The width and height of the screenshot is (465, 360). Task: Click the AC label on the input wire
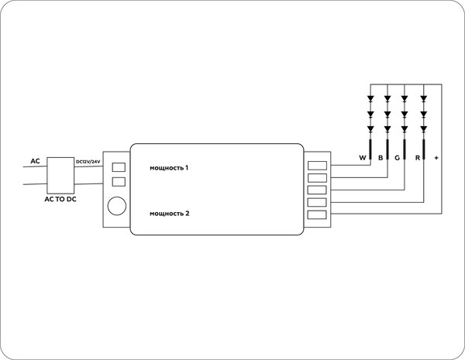tap(35, 161)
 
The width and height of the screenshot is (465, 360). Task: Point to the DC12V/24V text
tap(88, 161)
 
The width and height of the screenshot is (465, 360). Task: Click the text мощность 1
tap(170, 167)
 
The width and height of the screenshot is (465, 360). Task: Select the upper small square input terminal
tap(119, 166)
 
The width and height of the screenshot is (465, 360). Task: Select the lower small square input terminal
tap(119, 182)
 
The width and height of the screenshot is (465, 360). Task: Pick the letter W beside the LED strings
tap(362, 158)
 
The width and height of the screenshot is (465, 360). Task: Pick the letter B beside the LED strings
tap(381, 158)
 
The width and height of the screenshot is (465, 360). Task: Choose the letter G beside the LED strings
tap(398, 158)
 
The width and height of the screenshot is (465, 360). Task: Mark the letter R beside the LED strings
tap(418, 158)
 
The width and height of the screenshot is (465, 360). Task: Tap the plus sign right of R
tap(436, 158)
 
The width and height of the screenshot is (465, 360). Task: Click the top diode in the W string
tap(370, 99)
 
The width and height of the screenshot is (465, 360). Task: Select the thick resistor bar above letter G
tap(405, 146)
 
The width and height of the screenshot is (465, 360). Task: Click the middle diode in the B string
tap(387, 114)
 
